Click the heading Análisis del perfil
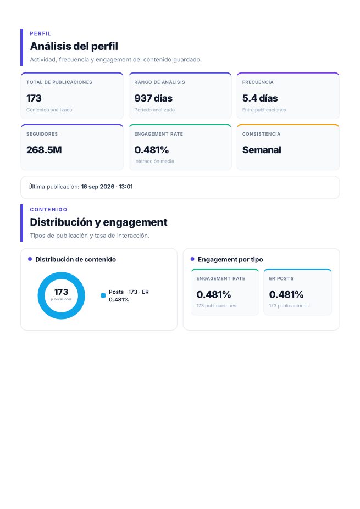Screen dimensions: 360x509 [74, 47]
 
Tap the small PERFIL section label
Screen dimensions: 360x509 [41, 33]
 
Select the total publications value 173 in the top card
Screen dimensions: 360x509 [34, 98]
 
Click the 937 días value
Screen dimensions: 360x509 [153, 98]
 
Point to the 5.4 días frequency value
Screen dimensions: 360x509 [260, 98]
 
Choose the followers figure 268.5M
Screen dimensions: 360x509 [44, 150]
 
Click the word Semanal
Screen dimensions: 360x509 [262, 150]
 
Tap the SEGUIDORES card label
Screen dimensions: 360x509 [42, 134]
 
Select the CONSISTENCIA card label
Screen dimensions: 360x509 [261, 134]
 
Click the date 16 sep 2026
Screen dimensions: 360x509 [98, 187]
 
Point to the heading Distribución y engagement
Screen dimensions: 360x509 [99, 222]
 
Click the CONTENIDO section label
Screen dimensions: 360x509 [49, 209]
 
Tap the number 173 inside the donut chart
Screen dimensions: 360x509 [61, 292]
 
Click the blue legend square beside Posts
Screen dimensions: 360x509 [103, 295]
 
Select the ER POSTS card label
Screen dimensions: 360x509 [281, 278]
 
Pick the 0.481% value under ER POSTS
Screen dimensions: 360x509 [286, 294]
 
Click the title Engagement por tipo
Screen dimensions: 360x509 [230, 259]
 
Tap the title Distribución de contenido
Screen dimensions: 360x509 [76, 259]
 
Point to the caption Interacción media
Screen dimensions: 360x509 [154, 161]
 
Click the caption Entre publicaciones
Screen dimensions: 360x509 [264, 110]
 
